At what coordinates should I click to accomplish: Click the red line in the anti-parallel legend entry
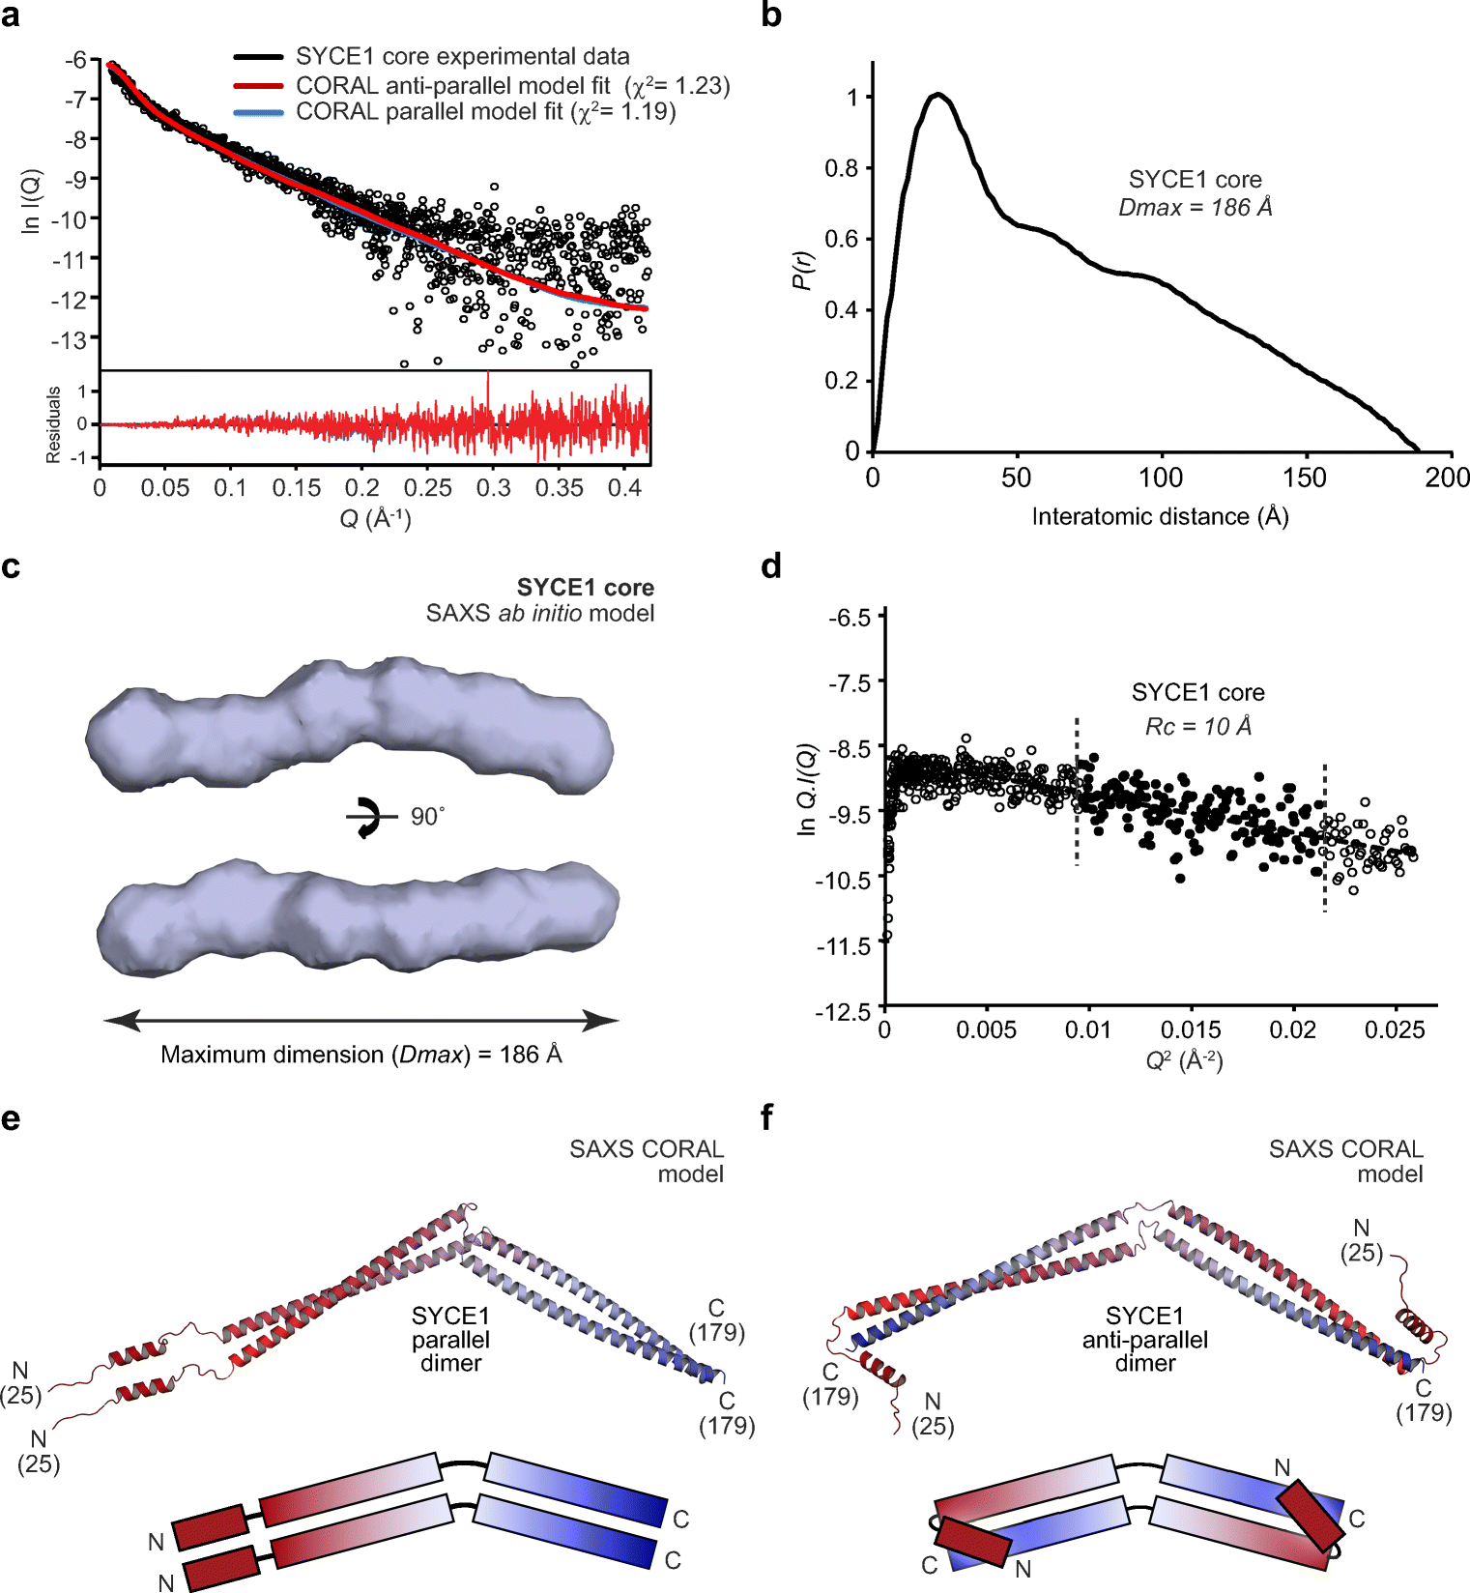(x=258, y=86)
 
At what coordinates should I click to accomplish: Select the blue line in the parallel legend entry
(x=258, y=112)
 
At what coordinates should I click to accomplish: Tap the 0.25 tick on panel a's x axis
(x=427, y=488)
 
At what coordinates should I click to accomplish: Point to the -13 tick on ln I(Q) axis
(x=69, y=339)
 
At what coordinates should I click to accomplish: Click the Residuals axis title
(x=54, y=424)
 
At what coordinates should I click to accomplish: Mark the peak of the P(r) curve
(x=937, y=95)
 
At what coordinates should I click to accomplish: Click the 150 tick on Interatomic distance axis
(x=1305, y=478)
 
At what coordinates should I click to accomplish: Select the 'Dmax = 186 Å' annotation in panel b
(x=1195, y=207)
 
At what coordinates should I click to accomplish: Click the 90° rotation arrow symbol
(x=368, y=817)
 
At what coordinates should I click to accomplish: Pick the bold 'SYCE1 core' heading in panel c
(x=585, y=588)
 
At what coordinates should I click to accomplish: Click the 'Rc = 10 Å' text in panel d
(x=1197, y=726)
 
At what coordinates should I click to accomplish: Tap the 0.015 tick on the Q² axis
(x=1191, y=1030)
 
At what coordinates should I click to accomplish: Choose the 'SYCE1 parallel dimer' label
(x=450, y=1340)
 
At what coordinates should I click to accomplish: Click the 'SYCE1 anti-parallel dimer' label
(x=1144, y=1340)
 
